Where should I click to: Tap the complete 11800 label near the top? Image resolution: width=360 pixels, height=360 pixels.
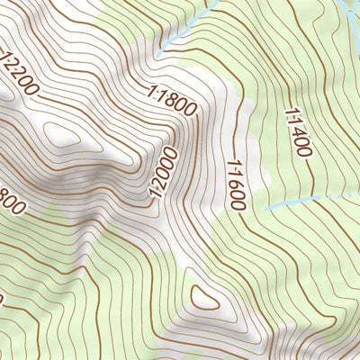click(x=171, y=100)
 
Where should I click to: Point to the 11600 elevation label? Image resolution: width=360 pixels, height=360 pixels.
click(x=236, y=184)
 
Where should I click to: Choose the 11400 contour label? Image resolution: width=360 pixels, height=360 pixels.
click(x=297, y=133)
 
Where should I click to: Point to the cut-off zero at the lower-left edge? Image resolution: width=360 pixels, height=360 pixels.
click(x=3, y=299)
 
